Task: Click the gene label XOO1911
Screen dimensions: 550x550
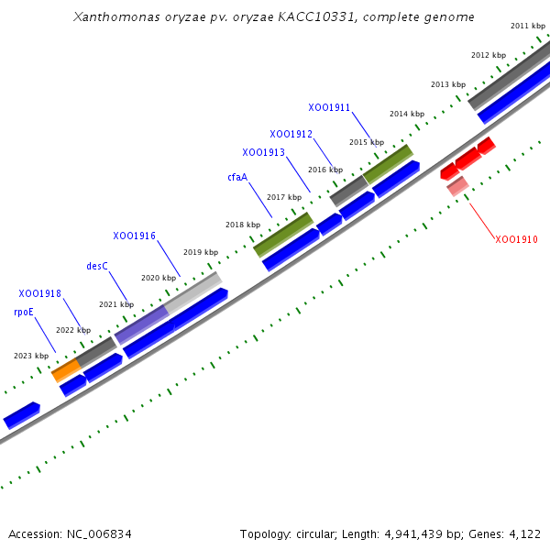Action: tap(329, 107)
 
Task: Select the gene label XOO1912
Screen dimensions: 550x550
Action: tap(291, 135)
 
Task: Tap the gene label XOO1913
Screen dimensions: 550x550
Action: tap(263, 152)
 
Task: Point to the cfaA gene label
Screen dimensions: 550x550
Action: tap(237, 177)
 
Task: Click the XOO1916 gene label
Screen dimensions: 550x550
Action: tap(134, 236)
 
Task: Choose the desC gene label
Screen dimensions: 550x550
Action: tap(97, 266)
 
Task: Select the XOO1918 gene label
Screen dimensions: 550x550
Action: tap(39, 293)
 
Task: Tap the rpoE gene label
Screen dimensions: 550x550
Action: tap(24, 312)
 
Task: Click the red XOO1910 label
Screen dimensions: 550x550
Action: tap(516, 239)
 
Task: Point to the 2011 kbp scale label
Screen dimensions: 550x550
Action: tap(528, 26)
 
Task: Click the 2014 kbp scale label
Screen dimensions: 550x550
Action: tap(407, 114)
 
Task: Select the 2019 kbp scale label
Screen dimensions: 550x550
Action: tap(201, 252)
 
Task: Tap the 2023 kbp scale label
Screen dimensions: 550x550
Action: tap(31, 356)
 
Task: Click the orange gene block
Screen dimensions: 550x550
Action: tap(65, 369)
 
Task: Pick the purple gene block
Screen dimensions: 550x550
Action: tap(141, 324)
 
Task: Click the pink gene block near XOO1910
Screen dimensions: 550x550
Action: tap(457, 187)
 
